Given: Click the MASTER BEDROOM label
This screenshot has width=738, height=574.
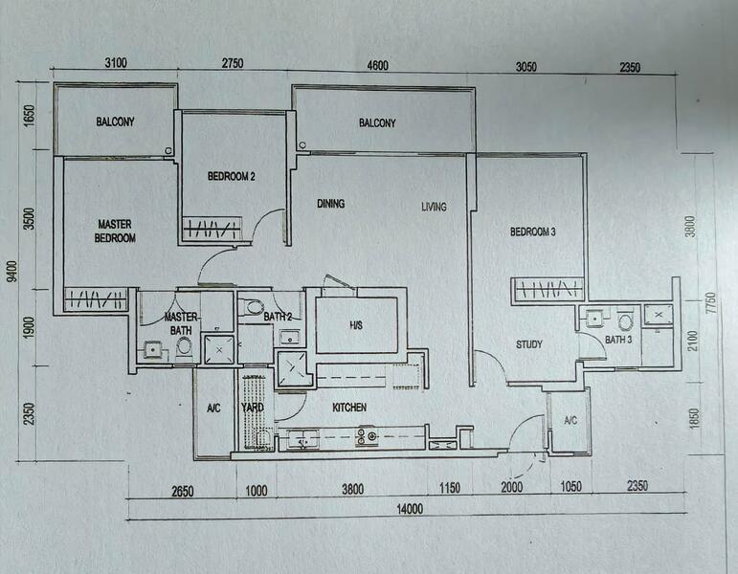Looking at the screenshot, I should tap(116, 231).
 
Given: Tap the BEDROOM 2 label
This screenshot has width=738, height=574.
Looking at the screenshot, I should tap(231, 176).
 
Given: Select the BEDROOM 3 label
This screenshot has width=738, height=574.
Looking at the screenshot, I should tap(533, 232).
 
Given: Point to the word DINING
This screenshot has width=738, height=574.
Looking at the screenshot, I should tap(331, 204).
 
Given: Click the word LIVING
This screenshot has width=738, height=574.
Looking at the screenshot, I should tap(434, 207).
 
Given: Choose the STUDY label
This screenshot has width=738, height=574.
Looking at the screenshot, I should tap(529, 344).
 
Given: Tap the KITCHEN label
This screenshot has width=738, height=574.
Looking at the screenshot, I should tap(349, 408).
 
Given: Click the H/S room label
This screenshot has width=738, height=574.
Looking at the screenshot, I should tap(355, 325).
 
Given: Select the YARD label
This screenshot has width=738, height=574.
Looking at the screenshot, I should tap(253, 408).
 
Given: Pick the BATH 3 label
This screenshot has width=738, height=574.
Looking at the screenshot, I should tap(617, 340).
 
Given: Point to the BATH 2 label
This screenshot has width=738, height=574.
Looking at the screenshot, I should tap(278, 317).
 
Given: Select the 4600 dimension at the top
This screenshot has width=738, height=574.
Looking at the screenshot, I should tap(377, 65).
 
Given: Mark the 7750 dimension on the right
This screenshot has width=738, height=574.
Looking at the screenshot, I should tap(709, 302).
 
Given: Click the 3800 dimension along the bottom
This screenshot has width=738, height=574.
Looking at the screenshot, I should tap(352, 489).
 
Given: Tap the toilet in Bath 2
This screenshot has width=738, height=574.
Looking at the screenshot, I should tap(254, 307).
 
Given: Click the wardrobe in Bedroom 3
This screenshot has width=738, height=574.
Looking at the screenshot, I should tap(548, 289).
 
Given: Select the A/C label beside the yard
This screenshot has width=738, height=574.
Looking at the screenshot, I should tap(213, 408).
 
